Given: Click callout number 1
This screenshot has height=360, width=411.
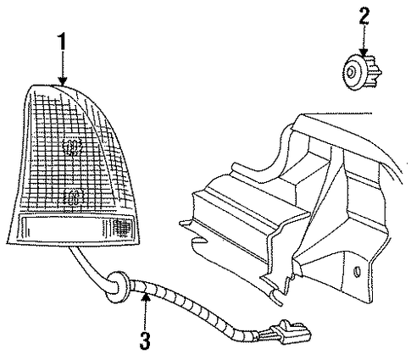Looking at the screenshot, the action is [62, 42].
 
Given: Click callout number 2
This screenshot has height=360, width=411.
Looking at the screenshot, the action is [364, 15].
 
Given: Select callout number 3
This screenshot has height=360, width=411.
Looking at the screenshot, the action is [145, 340].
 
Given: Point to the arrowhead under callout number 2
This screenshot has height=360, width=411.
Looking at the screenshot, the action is [364, 53].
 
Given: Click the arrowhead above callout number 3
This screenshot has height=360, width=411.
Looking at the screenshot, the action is [145, 297].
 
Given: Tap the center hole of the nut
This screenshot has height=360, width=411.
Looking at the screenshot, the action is [350, 73].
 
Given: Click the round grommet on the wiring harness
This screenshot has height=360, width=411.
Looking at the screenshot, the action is [117, 286].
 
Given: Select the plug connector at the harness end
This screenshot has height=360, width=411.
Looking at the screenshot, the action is [291, 333].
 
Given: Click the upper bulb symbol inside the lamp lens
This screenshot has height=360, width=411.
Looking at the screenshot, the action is [72, 147].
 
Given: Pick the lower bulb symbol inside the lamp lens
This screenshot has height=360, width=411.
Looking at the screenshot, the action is [73, 197].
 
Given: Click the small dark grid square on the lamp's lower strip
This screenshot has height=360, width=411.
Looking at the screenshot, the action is [123, 227].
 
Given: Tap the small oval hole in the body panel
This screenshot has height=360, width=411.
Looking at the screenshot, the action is [357, 271].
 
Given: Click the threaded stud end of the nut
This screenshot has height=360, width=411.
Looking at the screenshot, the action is [374, 72].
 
